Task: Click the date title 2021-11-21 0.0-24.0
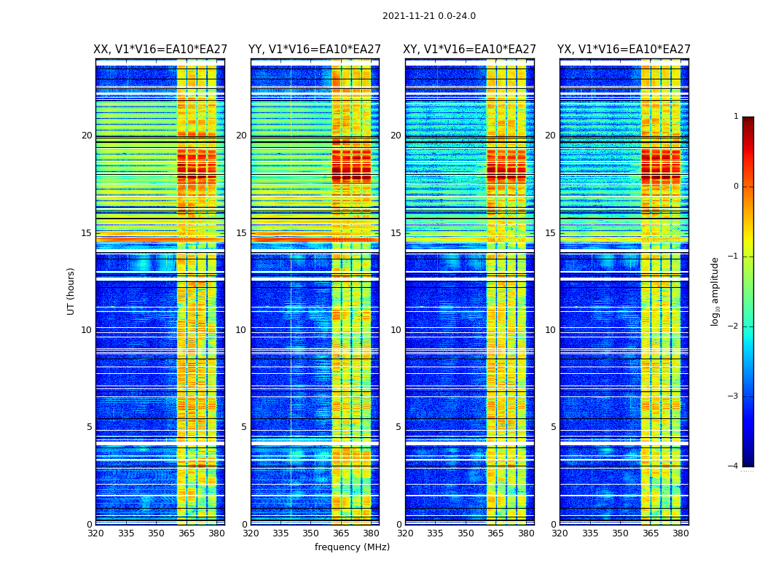[428, 16]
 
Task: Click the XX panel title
[160, 50]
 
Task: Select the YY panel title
[315, 50]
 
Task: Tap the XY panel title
[469, 50]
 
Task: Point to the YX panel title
[624, 50]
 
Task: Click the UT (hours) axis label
[71, 291]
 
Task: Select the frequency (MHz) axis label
[352, 547]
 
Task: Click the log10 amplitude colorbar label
[715, 291]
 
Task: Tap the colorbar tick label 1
[736, 117]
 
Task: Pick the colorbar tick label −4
[734, 466]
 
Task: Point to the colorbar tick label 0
[736, 187]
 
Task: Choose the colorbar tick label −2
[734, 326]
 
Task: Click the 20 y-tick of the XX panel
[87, 136]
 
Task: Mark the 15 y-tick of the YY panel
[241, 233]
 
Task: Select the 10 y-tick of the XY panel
[396, 330]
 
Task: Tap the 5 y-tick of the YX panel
[554, 427]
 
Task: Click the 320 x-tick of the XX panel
[95, 533]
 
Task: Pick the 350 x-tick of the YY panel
[311, 533]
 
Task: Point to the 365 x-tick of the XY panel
[495, 533]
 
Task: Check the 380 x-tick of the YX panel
[680, 533]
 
